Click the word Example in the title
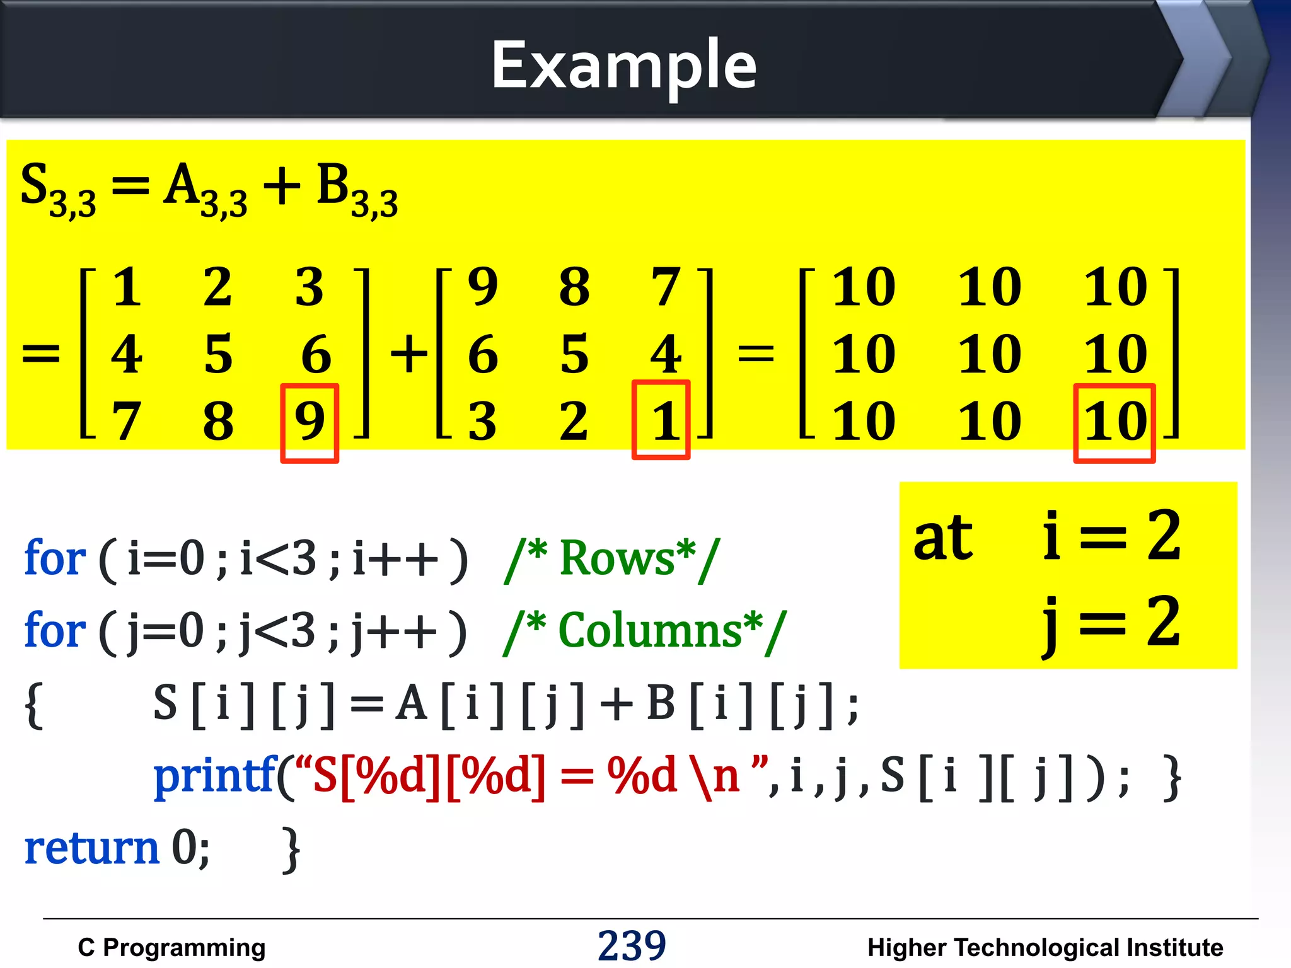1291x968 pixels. [624, 65]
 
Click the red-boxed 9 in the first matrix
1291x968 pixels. [310, 421]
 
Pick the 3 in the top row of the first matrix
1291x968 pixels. [310, 287]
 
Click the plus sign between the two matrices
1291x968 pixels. [409, 354]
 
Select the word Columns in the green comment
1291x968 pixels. [650, 631]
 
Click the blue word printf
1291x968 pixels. [215, 776]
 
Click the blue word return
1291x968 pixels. [92, 848]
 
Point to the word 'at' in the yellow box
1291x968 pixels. [943, 538]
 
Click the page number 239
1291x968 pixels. [632, 946]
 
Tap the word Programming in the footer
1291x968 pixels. [184, 948]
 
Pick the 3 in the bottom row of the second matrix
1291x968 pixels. [482, 421]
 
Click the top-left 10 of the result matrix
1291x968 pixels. [864, 287]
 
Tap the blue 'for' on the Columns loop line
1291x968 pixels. [54, 631]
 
